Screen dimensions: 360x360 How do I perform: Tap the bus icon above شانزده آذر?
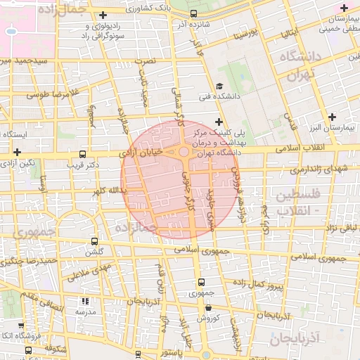point(193,13)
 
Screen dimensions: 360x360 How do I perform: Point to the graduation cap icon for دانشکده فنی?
point(219,96)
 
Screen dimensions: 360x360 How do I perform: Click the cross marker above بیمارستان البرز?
point(332,116)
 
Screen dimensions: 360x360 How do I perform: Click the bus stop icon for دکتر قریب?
point(83,154)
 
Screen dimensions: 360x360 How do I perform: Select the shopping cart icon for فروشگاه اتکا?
point(27,349)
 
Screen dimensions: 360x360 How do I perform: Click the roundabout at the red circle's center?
point(183,152)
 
